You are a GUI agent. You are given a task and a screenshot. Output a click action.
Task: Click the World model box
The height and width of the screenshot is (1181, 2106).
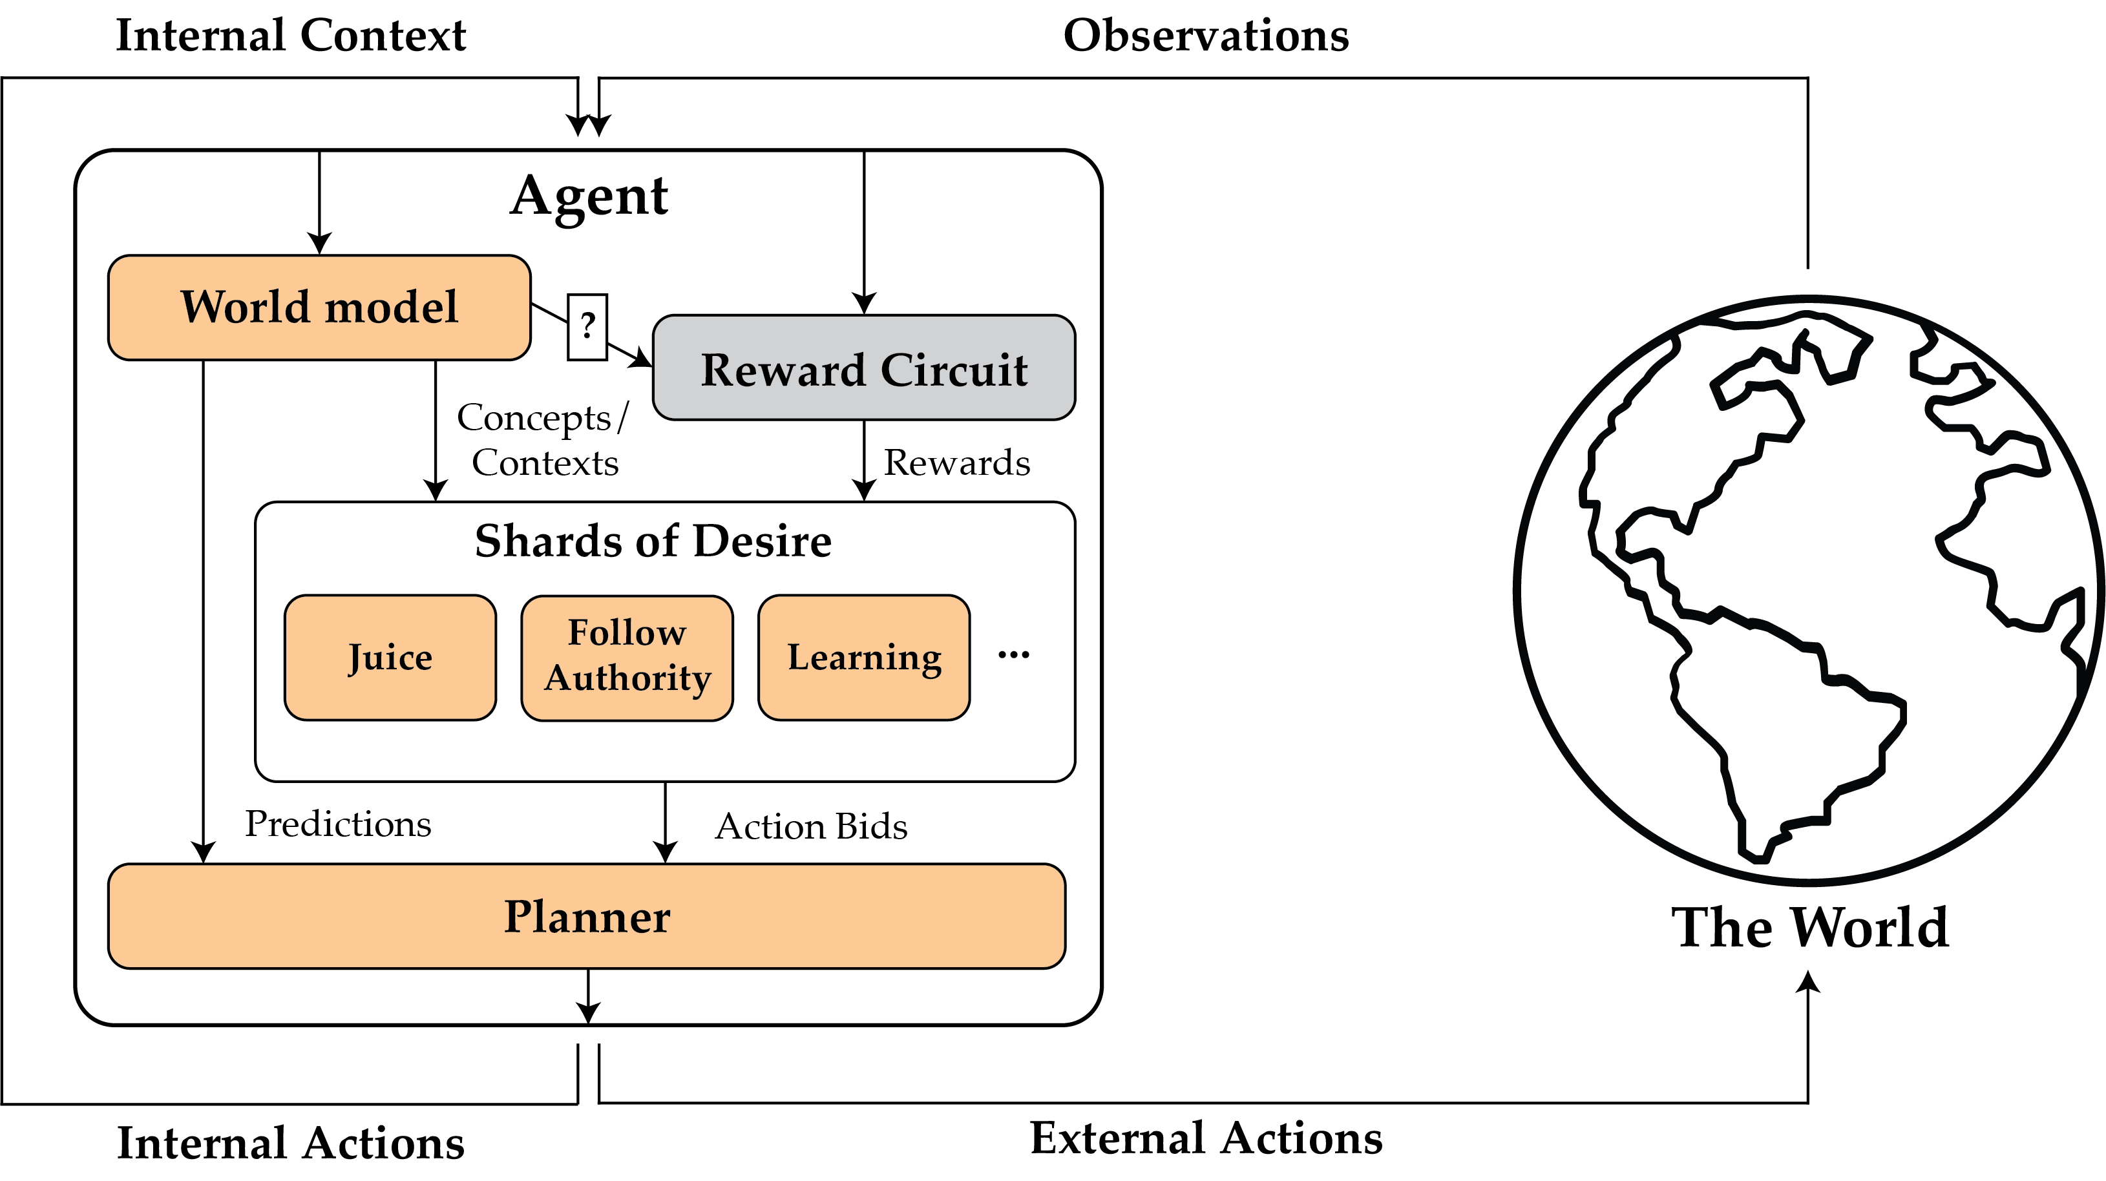point(319,308)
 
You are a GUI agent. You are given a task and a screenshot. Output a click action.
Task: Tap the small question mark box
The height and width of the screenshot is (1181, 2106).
point(587,327)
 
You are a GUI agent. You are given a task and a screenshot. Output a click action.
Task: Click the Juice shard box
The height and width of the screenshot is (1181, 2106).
point(390,657)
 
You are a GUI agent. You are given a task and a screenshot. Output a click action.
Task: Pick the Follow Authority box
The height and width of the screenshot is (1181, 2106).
point(627,657)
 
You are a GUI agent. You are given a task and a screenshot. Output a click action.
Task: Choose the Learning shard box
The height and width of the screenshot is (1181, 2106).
point(863,657)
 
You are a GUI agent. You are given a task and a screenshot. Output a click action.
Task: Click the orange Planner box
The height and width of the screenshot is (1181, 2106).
point(586,915)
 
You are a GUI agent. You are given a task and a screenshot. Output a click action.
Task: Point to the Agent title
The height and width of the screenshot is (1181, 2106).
point(589,196)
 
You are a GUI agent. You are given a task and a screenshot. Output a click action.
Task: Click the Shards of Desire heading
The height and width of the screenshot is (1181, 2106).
point(653,541)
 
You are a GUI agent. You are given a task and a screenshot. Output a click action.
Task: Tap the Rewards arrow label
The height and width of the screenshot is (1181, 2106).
point(956,463)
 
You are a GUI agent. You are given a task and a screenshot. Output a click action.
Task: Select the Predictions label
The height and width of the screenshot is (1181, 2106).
point(338,824)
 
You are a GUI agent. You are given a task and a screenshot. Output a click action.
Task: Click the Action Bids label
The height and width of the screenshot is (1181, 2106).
point(811,826)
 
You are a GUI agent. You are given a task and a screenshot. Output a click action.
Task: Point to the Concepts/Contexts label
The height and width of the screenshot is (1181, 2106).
point(543,440)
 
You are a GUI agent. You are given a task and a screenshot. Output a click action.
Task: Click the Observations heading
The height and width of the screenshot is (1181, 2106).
point(1206,36)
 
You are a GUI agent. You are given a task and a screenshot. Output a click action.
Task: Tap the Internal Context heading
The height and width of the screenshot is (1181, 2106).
point(290,36)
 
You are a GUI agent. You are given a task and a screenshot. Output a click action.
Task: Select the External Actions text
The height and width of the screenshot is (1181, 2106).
point(1206,1138)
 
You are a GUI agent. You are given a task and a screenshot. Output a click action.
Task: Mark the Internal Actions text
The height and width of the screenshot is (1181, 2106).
point(290,1143)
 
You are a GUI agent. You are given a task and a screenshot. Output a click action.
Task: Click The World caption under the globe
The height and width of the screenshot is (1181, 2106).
point(1809,928)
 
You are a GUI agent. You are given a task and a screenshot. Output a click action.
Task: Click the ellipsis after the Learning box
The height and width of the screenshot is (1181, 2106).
point(1014,654)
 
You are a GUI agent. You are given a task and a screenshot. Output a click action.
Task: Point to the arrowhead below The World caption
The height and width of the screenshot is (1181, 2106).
point(1807,981)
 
